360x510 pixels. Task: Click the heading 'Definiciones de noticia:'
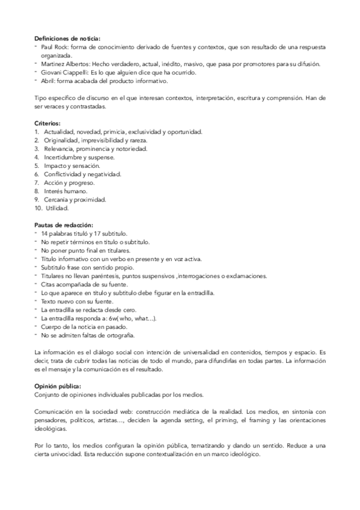click(x=67, y=38)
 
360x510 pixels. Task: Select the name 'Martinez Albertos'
click(x=64, y=64)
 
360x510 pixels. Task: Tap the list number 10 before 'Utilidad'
click(x=38, y=207)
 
